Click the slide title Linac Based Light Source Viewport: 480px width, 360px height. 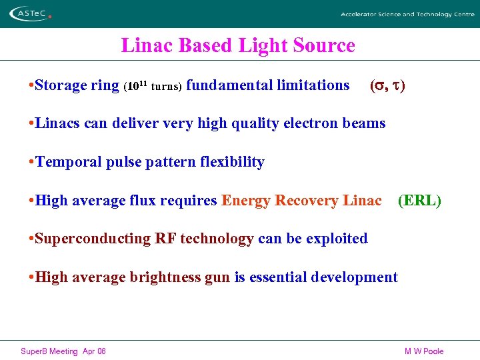[x=238, y=45]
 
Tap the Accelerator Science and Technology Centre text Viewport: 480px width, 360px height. [x=407, y=14]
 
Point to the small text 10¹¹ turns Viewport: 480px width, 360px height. [x=153, y=86]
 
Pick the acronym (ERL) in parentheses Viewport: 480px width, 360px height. [x=419, y=200]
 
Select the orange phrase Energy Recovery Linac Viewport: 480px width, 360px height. [x=301, y=200]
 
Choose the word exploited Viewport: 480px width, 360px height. [x=336, y=239]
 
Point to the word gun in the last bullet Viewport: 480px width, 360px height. [x=217, y=277]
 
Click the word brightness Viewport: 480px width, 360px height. [x=167, y=277]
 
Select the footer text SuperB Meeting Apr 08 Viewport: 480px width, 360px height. [x=63, y=351]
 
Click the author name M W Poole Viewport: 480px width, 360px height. [x=424, y=351]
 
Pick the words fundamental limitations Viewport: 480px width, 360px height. [x=268, y=85]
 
